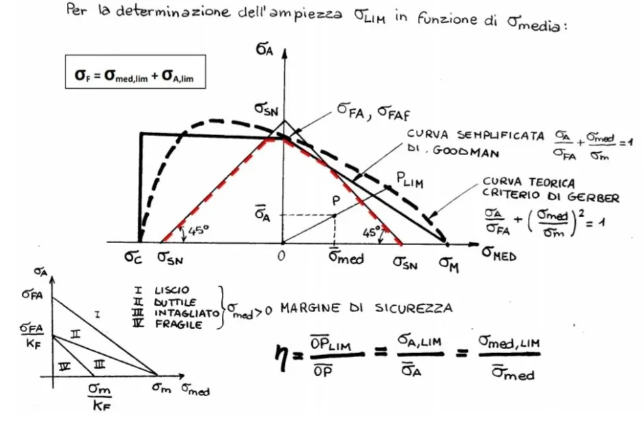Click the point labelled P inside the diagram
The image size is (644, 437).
click(336, 203)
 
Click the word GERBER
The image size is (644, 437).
click(596, 198)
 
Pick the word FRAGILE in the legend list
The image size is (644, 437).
click(180, 326)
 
